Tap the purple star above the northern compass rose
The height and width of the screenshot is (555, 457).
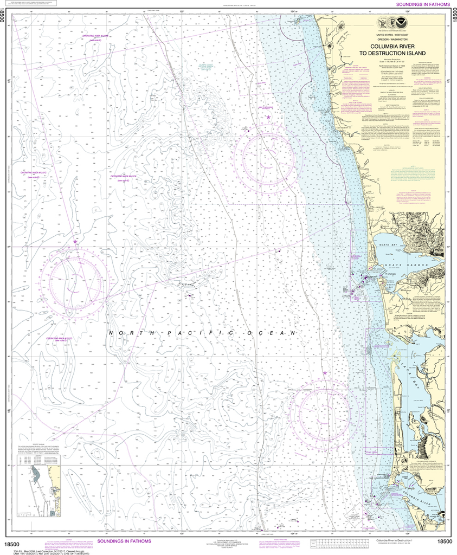[268, 118]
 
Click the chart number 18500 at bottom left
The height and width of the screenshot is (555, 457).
[14, 542]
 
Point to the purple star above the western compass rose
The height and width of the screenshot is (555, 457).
[75, 241]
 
